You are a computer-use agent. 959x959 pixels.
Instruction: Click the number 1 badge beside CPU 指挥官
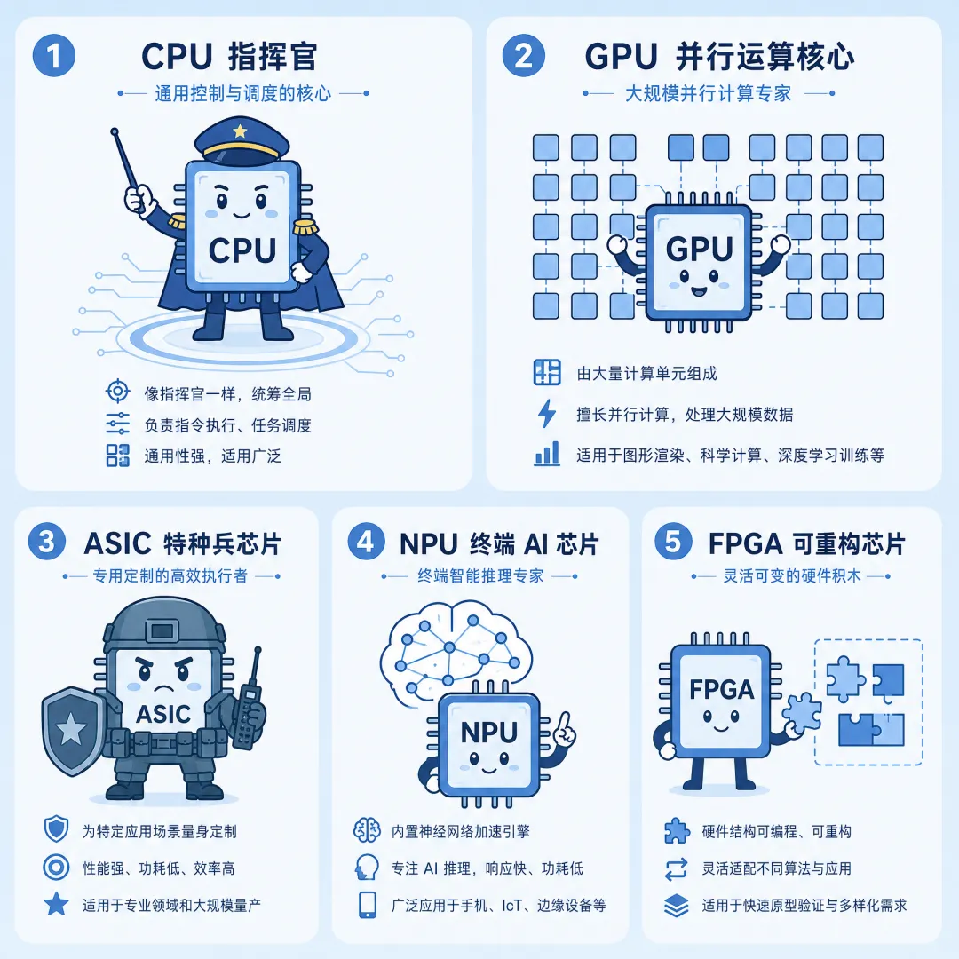pyautogui.click(x=54, y=56)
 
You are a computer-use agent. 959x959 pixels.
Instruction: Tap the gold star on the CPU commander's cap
pyautogui.click(x=241, y=131)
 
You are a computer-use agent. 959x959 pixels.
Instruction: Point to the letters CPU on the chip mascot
pyautogui.click(x=242, y=250)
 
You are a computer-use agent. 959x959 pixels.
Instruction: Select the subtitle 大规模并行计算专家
pyautogui.click(x=708, y=93)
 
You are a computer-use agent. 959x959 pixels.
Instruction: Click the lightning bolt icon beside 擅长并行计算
pyautogui.click(x=547, y=414)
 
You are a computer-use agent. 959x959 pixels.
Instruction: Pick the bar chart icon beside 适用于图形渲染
pyautogui.click(x=547, y=454)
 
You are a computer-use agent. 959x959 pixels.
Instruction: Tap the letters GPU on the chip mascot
pyautogui.click(x=699, y=249)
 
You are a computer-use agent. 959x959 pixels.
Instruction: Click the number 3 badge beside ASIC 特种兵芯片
pyautogui.click(x=47, y=542)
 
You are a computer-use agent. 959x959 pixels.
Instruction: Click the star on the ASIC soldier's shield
pyautogui.click(x=71, y=729)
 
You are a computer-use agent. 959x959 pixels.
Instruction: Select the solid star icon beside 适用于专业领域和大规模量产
pyautogui.click(x=56, y=904)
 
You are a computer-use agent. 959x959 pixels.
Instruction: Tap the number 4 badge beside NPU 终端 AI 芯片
pyautogui.click(x=366, y=542)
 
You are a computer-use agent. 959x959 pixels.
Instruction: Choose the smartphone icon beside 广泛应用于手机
pyautogui.click(x=367, y=905)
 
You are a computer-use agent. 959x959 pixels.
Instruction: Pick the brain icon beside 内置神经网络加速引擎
pyautogui.click(x=367, y=830)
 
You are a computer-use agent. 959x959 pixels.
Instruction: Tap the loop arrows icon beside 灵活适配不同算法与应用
pyautogui.click(x=676, y=868)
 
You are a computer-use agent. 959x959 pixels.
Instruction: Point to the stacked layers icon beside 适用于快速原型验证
pyautogui.click(x=676, y=905)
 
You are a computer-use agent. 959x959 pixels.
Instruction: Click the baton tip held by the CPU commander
pyautogui.click(x=114, y=131)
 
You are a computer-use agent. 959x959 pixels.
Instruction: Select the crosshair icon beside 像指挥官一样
pyautogui.click(x=117, y=391)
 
